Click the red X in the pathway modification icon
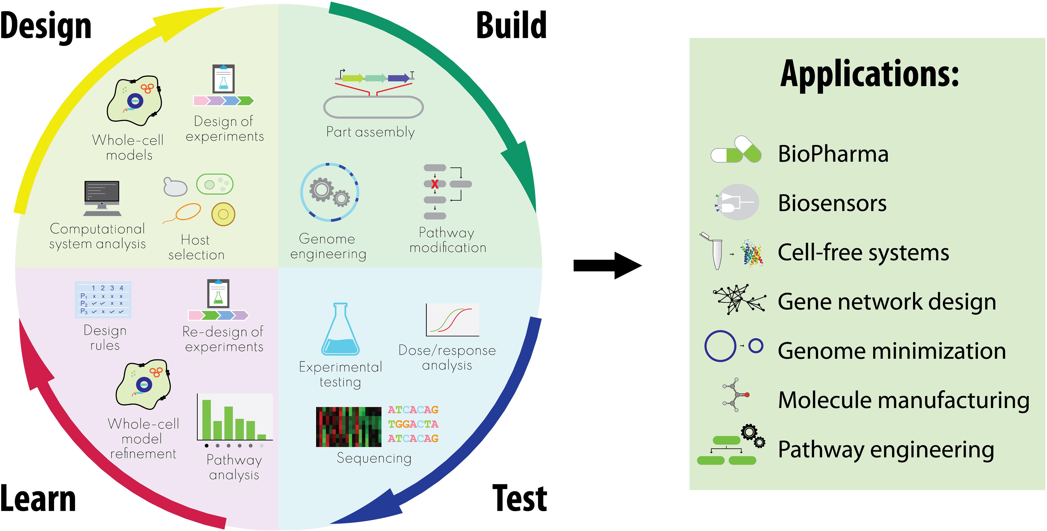click(x=434, y=184)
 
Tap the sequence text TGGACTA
click(x=413, y=424)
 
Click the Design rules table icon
click(x=103, y=300)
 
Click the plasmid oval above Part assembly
click(x=373, y=107)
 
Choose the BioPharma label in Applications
click(x=833, y=154)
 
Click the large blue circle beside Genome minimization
click(x=720, y=346)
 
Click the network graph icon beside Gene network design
click(x=739, y=299)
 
